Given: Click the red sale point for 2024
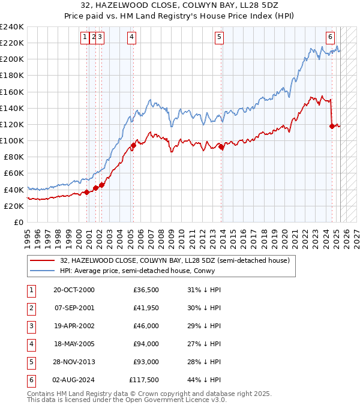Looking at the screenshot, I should [332, 126].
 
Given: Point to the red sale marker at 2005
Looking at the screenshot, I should [133, 145].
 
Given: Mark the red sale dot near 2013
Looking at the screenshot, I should [221, 146].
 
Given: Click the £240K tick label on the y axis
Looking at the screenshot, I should [12, 27].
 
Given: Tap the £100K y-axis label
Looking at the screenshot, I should [12, 140].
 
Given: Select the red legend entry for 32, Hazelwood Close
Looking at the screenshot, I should [175, 260].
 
